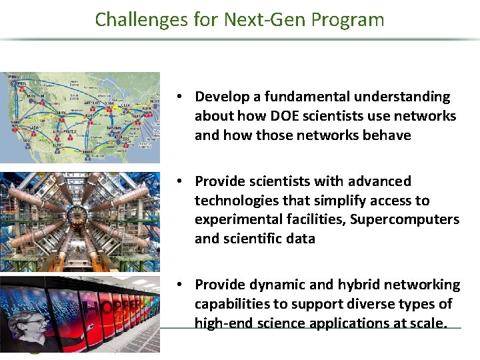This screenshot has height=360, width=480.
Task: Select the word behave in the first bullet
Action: point(388,135)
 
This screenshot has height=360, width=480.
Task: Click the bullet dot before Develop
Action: point(181,97)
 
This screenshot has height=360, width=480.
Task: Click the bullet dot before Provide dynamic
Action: point(181,285)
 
